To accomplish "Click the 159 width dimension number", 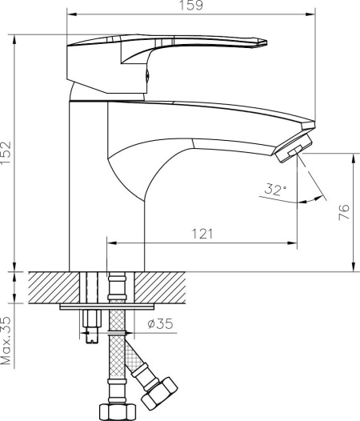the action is click(x=191, y=6).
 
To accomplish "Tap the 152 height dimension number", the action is click(x=6, y=153).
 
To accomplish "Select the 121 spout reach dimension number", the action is click(x=202, y=234).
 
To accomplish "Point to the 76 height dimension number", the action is click(x=344, y=212).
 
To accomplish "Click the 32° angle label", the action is click(x=275, y=189).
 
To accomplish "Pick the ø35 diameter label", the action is click(x=160, y=323).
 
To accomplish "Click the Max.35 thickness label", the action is click(x=6, y=340).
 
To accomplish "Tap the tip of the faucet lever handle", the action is click(x=266, y=42).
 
